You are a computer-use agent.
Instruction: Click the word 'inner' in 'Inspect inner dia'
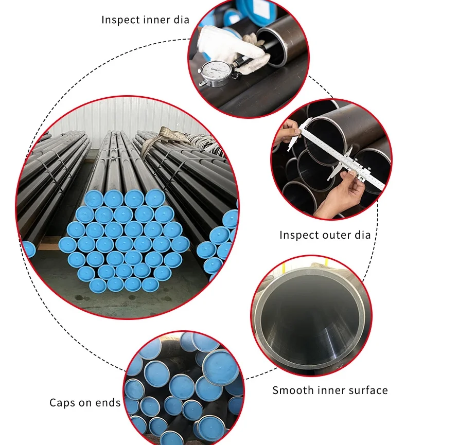[x=154, y=20]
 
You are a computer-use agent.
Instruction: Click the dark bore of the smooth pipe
[x=309, y=319]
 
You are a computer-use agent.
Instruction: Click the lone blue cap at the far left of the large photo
[x=28, y=249]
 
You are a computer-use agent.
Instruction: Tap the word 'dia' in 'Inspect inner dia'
[x=181, y=20]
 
